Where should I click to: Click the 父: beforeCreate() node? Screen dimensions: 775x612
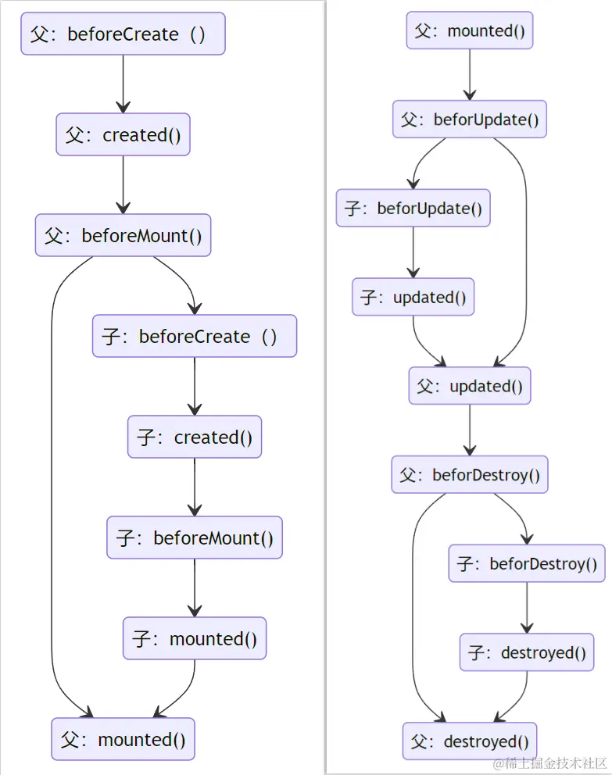[123, 34]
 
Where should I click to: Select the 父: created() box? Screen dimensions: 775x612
[123, 134]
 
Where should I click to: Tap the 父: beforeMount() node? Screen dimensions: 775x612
[123, 235]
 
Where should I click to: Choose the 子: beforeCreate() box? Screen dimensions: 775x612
[195, 336]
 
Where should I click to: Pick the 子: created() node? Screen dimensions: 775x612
[195, 437]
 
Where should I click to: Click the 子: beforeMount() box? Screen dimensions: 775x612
[195, 537]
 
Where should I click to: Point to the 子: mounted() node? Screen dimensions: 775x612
[195, 638]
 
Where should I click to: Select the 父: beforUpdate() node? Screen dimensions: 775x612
[469, 120]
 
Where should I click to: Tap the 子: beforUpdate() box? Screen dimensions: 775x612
[413, 209]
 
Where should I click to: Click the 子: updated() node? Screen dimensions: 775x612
[413, 297]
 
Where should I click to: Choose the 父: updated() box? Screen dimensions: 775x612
[469, 386]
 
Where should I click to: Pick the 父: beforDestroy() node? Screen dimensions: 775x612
[469, 475]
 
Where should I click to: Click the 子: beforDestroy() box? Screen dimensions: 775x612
[527, 563]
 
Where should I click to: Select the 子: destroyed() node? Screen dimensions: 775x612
[527, 652]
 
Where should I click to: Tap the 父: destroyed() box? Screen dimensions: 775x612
[470, 741]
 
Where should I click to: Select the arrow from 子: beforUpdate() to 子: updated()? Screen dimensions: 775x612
[413, 253]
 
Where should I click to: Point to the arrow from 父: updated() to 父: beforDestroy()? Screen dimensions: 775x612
[469, 430]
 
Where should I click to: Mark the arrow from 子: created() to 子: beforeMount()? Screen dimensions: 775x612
[195, 487]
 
